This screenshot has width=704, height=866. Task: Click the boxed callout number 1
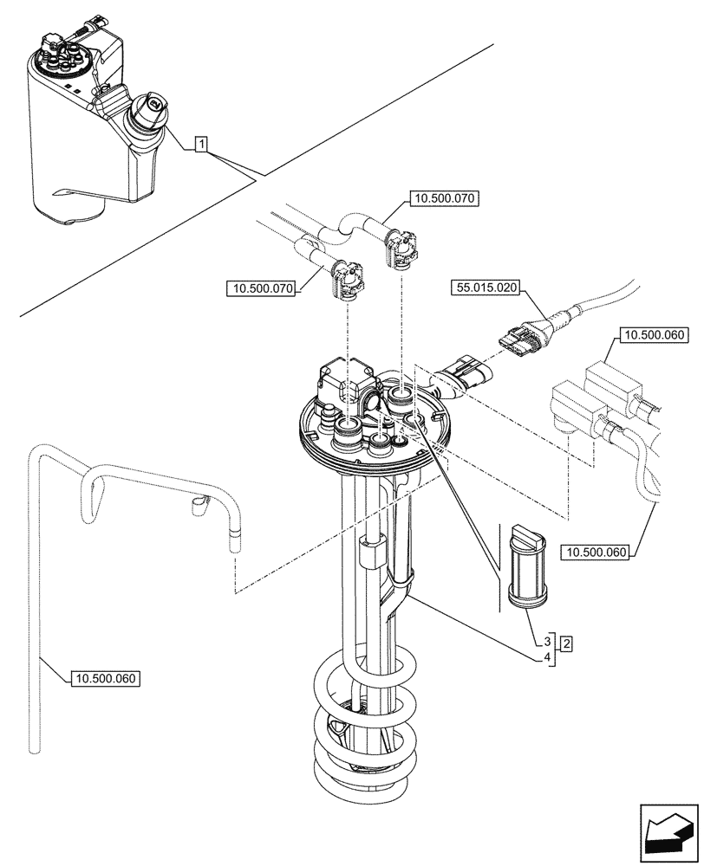(x=200, y=145)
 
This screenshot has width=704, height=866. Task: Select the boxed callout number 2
(x=565, y=643)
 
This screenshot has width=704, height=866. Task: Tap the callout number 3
(x=548, y=643)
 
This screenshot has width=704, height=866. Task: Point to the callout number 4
(x=548, y=658)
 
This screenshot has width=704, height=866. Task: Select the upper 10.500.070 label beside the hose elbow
(x=442, y=198)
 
